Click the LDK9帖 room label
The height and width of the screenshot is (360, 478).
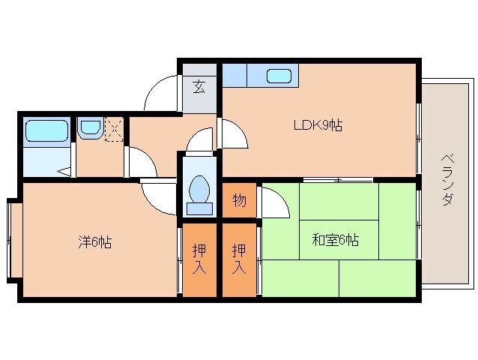318,126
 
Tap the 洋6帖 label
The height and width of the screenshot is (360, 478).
97,242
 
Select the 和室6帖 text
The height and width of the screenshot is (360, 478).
335,240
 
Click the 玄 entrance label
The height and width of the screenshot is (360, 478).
199,86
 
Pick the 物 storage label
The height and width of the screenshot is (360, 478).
239,200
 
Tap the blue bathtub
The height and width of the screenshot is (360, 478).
47,130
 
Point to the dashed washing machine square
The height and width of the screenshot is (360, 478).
114,129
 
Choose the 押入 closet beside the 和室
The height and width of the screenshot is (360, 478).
239,257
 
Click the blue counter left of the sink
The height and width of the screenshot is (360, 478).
235,75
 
